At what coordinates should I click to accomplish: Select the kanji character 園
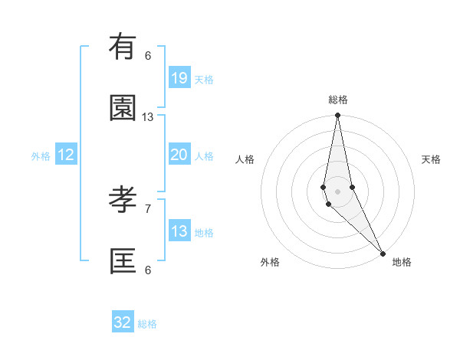pos(123,108)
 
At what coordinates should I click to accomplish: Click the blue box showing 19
pos(179,77)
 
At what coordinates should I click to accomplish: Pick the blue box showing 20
pos(179,155)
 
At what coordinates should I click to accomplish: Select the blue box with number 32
pos(123,322)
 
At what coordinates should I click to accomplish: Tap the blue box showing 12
pos(66,155)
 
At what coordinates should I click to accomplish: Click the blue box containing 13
pos(179,231)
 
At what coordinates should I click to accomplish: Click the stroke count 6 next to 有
pos(148,55)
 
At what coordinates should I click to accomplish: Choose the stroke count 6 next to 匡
pos(148,270)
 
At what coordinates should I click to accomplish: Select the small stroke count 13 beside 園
pos(148,116)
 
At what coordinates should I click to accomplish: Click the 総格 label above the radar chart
pos(338,100)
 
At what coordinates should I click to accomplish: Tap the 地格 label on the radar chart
pos(402,262)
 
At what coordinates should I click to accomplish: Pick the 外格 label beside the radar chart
pos(270,262)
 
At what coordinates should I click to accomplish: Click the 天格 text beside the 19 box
pos(204,79)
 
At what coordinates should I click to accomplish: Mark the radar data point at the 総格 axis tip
pos(337,116)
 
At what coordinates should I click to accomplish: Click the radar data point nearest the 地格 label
pos(383,253)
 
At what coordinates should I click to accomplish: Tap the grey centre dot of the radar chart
pos(337,191)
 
